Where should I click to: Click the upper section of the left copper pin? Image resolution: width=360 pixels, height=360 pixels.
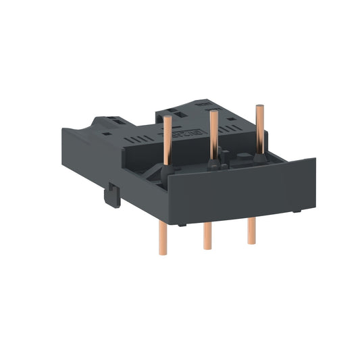(x=167, y=135)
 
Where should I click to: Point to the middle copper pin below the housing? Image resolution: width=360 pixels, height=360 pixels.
(x=207, y=235)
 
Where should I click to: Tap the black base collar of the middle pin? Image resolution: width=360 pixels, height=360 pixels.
(x=213, y=164)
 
